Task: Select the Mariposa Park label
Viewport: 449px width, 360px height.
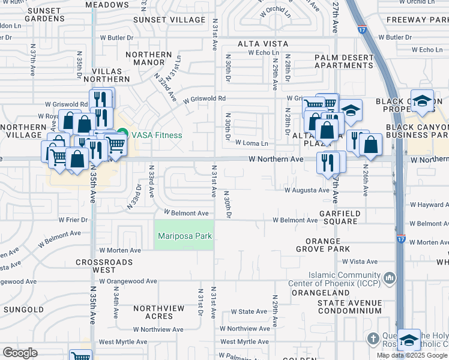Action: [x=184, y=236]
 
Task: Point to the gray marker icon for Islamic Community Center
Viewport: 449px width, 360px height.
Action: [x=390, y=278]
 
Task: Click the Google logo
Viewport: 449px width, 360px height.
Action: [x=20, y=353]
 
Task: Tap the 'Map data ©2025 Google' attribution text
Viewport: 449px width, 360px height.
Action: [x=412, y=355]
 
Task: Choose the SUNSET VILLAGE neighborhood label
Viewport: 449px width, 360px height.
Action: [x=169, y=20]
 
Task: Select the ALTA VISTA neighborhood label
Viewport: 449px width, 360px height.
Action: [x=263, y=44]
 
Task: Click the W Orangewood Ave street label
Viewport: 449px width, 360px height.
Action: [x=128, y=281]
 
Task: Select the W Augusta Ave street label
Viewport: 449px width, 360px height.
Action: [x=307, y=190]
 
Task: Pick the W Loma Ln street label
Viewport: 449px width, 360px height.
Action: [x=252, y=143]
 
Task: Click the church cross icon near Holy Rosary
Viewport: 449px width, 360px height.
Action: [x=373, y=339]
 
